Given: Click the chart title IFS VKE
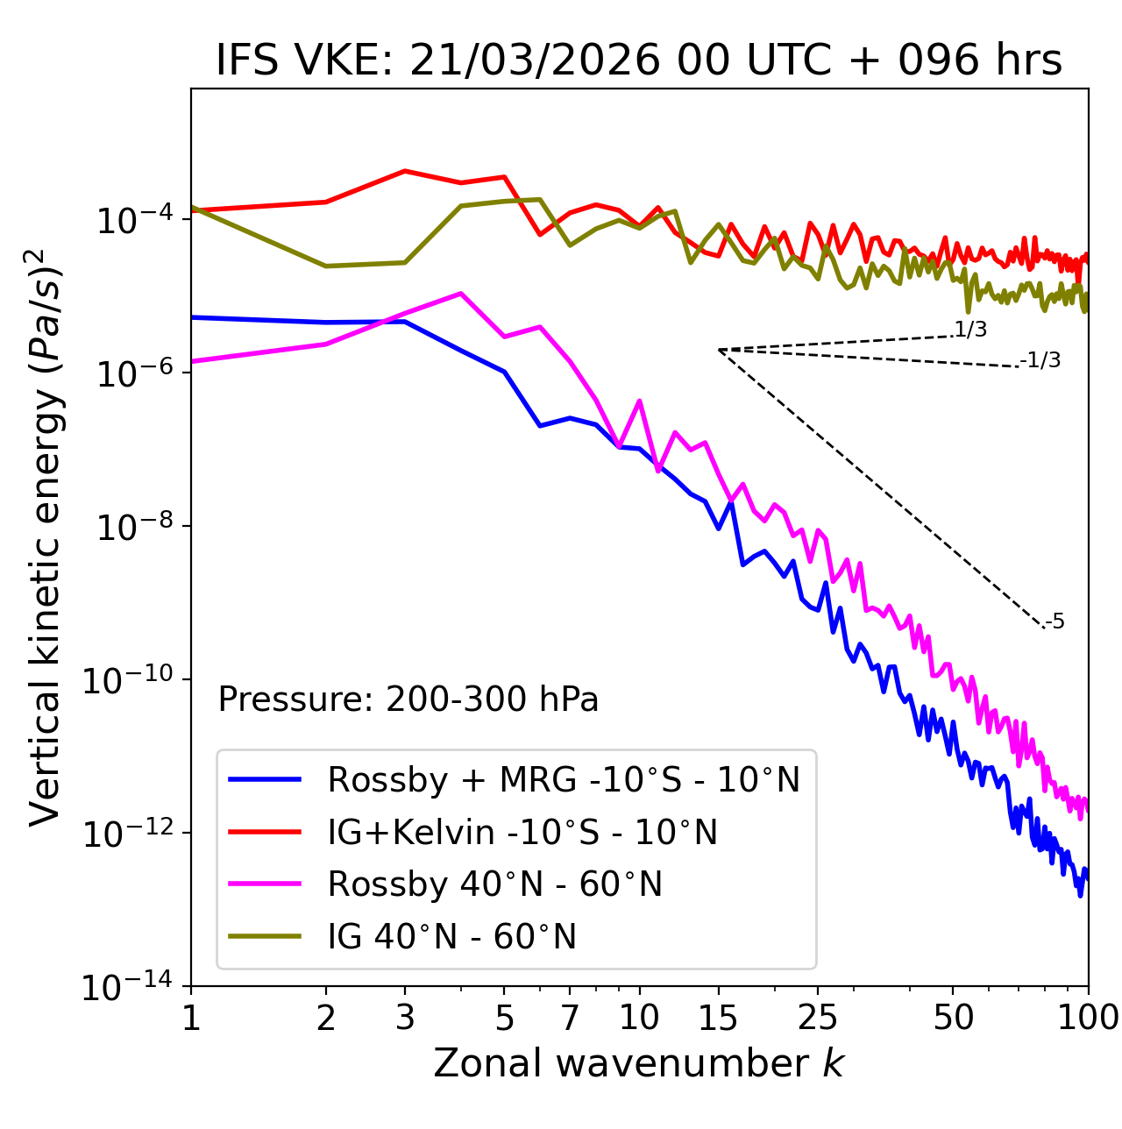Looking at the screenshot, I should coord(639,60).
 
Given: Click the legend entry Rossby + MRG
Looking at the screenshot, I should coord(563,779).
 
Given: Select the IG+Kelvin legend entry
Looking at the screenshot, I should coord(522,832).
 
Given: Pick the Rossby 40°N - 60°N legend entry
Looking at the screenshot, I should coord(494,884).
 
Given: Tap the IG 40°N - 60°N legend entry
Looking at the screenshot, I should coord(451,937).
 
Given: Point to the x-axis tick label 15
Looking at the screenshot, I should coord(718,1017).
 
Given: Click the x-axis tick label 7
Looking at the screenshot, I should coord(570,1017).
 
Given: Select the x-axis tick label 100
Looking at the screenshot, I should coord(1088,1017).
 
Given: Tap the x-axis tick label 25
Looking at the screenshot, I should coord(817,1017).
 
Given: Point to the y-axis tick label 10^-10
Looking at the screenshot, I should coord(128,679).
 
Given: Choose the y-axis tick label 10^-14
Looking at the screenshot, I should coord(128,987).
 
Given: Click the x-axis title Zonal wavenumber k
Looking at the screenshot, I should coord(639,1063).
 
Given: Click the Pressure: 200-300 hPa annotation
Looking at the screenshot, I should coord(408,699).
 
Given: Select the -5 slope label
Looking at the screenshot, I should coord(1055,622).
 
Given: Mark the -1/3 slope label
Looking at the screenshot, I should coord(1041,359).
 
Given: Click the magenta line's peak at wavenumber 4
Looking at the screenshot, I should coord(461,294).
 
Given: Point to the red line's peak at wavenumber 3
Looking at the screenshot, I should coord(405,171).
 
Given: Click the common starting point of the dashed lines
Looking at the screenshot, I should coord(719,350).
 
